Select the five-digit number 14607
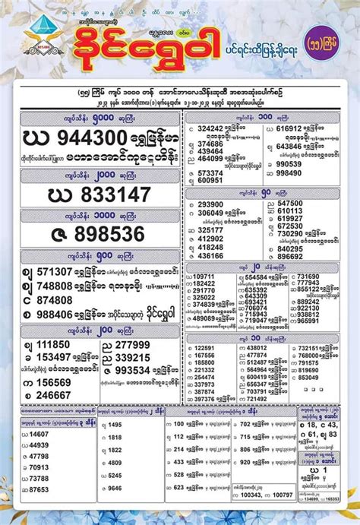point(39,434)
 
